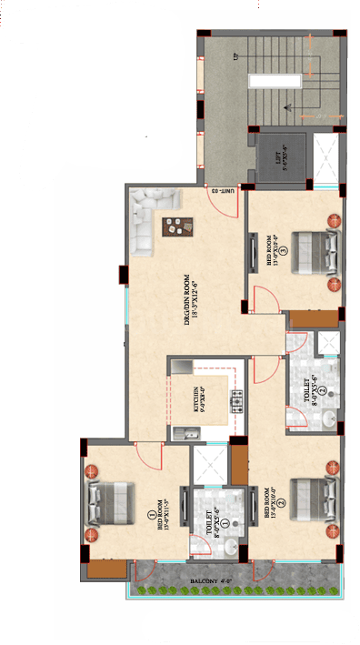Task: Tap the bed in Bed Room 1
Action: coord(105,498)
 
